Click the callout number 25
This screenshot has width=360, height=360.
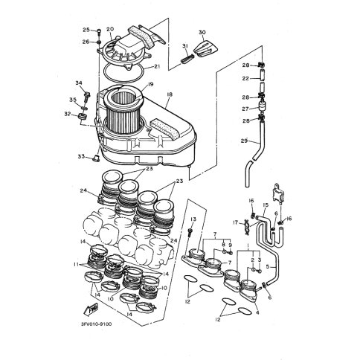pyautogui.click(x=86, y=30)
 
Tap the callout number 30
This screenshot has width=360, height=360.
pyautogui.click(x=202, y=33)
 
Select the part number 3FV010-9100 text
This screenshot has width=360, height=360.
pyautogui.click(x=96, y=324)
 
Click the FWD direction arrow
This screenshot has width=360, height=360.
pyautogui.click(x=91, y=309)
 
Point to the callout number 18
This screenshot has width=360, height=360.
pyautogui.click(x=170, y=94)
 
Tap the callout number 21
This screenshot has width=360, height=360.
pyautogui.click(x=157, y=66)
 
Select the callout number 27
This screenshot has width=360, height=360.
pyautogui.click(x=245, y=109)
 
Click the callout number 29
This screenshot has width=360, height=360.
pyautogui.click(x=244, y=141)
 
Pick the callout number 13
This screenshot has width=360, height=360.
pyautogui.click(x=193, y=219)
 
